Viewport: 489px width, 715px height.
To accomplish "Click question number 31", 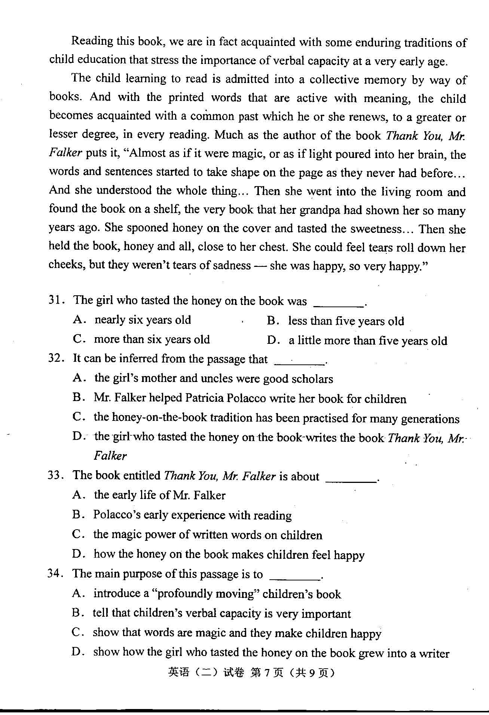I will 55,300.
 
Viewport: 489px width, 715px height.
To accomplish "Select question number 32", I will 55,358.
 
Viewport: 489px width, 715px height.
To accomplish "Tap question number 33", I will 54,475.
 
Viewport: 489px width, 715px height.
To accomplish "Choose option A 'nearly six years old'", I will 143,320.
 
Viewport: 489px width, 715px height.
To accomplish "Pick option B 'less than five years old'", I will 346,321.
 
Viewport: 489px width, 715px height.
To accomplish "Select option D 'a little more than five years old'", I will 367,341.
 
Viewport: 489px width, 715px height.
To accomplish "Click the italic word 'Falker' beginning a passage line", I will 65,153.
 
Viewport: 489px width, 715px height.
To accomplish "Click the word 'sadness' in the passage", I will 232,265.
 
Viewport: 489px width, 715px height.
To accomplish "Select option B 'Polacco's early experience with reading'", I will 192,515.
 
